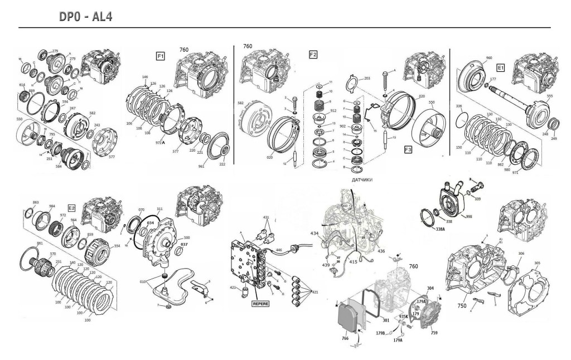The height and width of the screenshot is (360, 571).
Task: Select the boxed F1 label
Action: [160, 55]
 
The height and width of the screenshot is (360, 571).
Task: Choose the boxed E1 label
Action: [500, 67]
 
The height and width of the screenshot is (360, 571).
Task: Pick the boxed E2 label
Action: [71, 208]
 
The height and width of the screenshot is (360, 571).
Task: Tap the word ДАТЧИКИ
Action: [362, 181]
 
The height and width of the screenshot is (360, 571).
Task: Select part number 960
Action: [489, 58]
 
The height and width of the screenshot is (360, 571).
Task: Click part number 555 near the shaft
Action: [550, 96]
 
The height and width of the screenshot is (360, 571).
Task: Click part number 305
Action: [538, 263]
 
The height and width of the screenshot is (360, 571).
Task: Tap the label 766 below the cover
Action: [345, 338]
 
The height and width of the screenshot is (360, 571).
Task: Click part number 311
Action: [159, 209]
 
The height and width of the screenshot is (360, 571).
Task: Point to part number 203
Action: [367, 79]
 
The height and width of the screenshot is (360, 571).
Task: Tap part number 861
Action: [24, 244]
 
